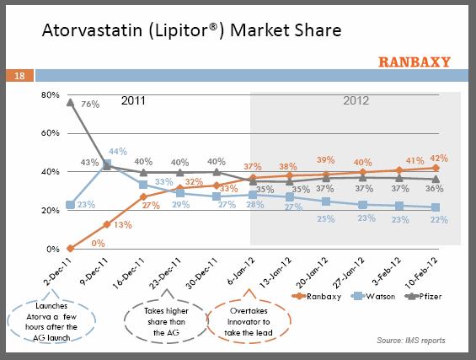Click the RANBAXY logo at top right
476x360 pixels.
click(414, 61)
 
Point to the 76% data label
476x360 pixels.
click(91, 105)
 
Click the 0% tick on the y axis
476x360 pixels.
click(54, 250)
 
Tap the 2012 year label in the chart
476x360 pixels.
click(357, 100)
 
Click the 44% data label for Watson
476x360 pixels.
click(117, 153)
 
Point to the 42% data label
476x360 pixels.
click(436, 157)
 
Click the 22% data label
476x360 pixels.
click(436, 220)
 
